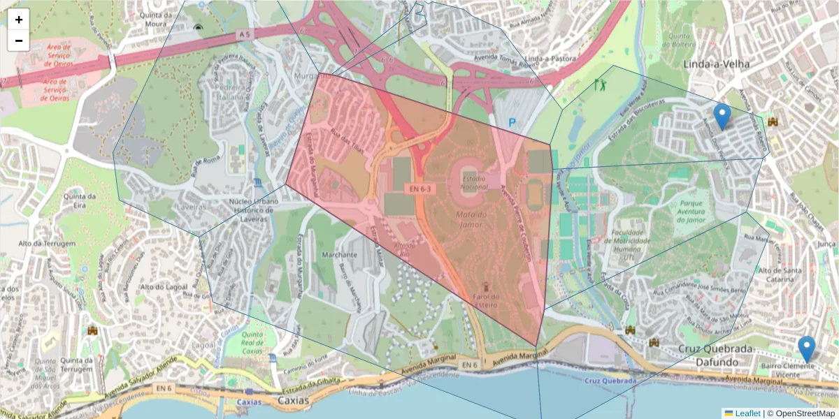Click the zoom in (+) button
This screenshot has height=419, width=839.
pos(19,20)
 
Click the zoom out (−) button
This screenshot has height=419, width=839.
pos(19,41)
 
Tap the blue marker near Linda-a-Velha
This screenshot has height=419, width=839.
pos(722,116)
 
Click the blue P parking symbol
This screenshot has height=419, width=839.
pos(512,122)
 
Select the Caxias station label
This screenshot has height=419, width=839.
pos(249,402)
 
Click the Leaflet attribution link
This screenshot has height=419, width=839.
pos(747,413)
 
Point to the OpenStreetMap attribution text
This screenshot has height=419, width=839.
pos(801,413)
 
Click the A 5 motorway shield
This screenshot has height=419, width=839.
pos(243,34)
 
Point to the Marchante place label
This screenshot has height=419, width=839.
pos(339,255)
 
